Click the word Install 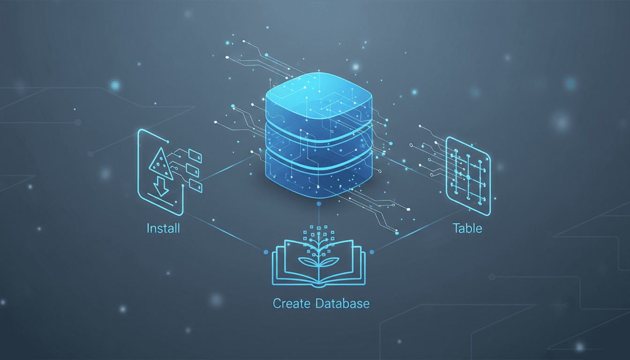click(x=163, y=229)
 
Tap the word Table click(x=467, y=229)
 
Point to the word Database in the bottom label click(x=342, y=304)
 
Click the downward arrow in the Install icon click(x=161, y=185)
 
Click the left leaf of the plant click(x=308, y=262)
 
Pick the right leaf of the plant click(x=330, y=262)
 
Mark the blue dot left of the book click(x=266, y=252)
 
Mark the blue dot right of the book click(x=372, y=252)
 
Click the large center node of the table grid click(x=468, y=177)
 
